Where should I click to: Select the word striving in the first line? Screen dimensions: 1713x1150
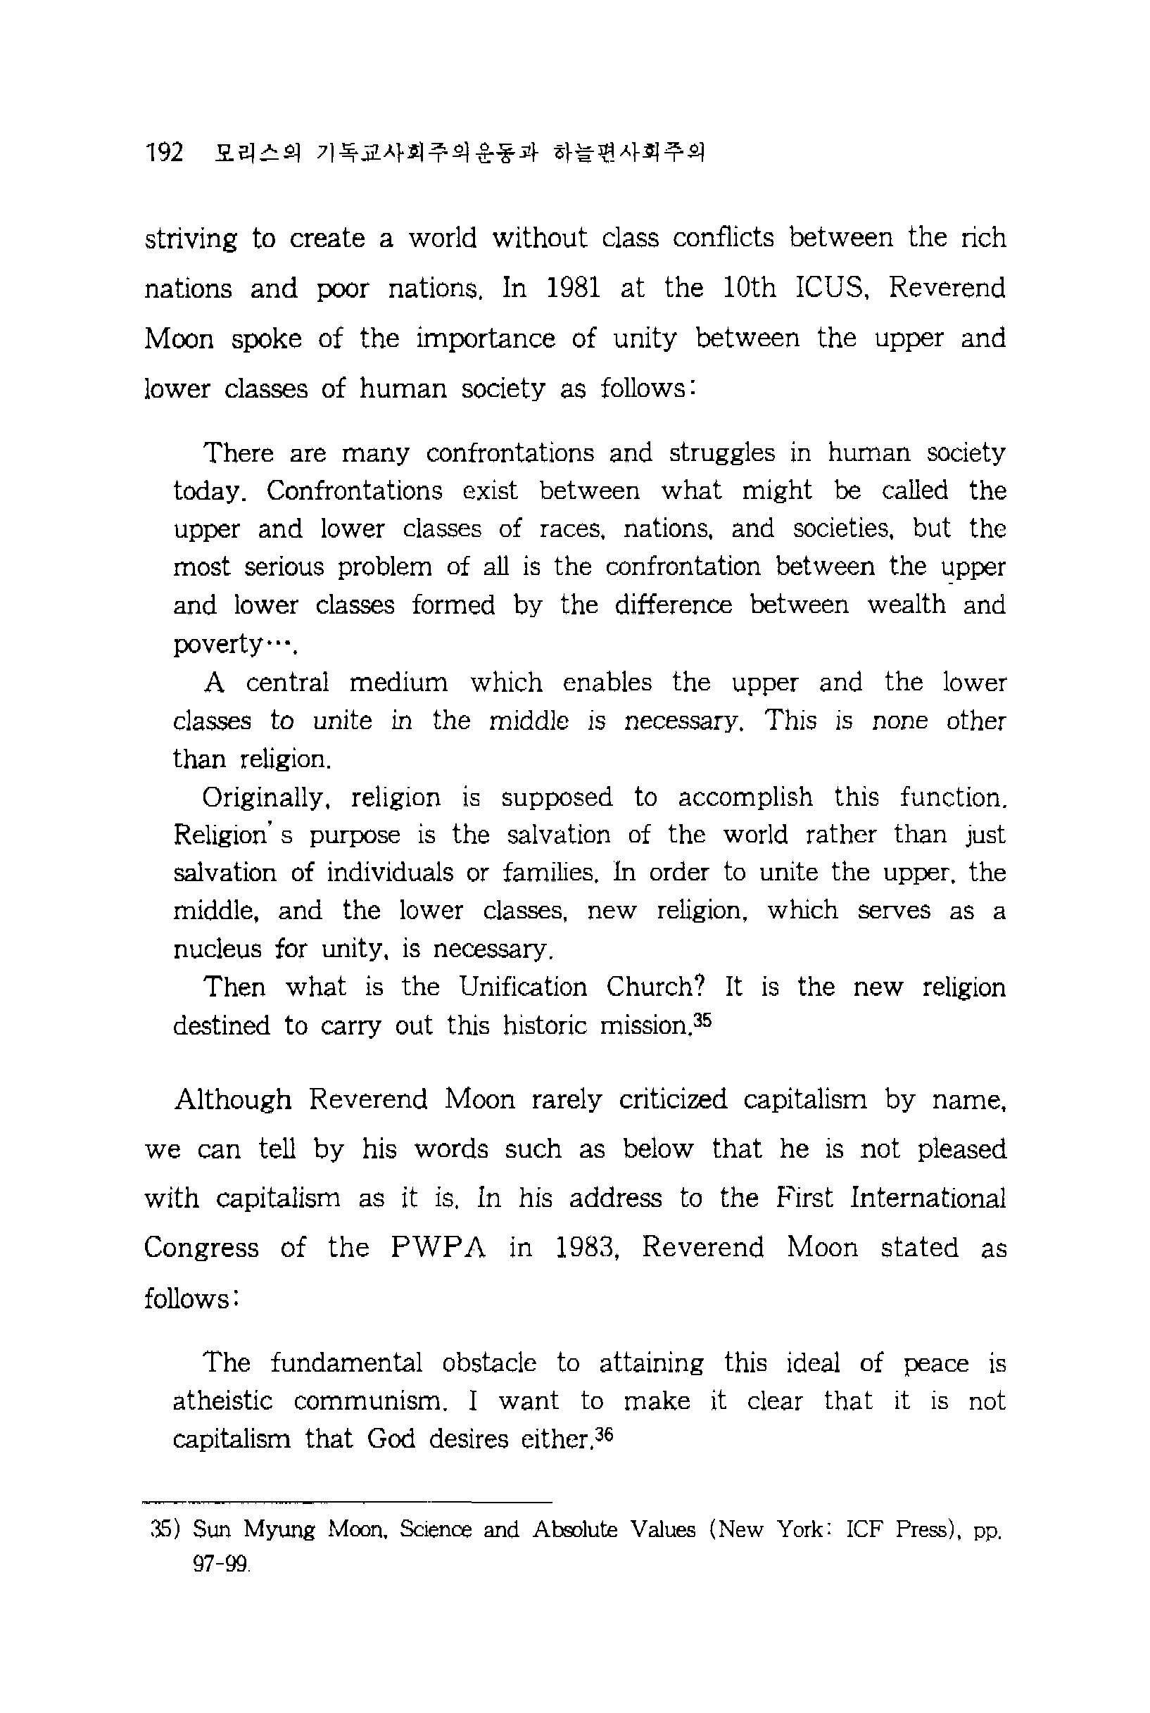(x=191, y=239)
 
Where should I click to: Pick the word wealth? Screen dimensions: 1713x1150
(x=906, y=605)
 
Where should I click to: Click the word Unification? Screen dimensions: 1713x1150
(x=523, y=987)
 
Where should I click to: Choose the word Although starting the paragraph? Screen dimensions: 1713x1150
(x=233, y=1099)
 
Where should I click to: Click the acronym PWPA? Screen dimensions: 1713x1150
(x=438, y=1247)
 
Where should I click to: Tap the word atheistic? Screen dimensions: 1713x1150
(x=222, y=1401)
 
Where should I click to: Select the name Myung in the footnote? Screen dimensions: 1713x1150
(x=279, y=1531)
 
